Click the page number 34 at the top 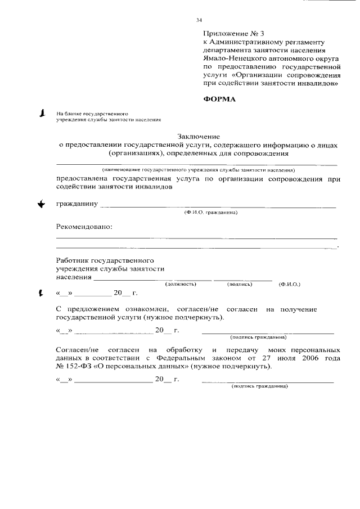pos(199,20)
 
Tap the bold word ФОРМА pos(219,100)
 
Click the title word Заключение pos(199,136)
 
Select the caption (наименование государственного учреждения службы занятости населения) pos(199,169)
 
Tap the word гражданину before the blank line pos(77,204)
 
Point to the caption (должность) pos(180,284)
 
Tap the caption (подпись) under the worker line pos(240,284)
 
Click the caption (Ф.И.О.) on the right pos(289,284)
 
